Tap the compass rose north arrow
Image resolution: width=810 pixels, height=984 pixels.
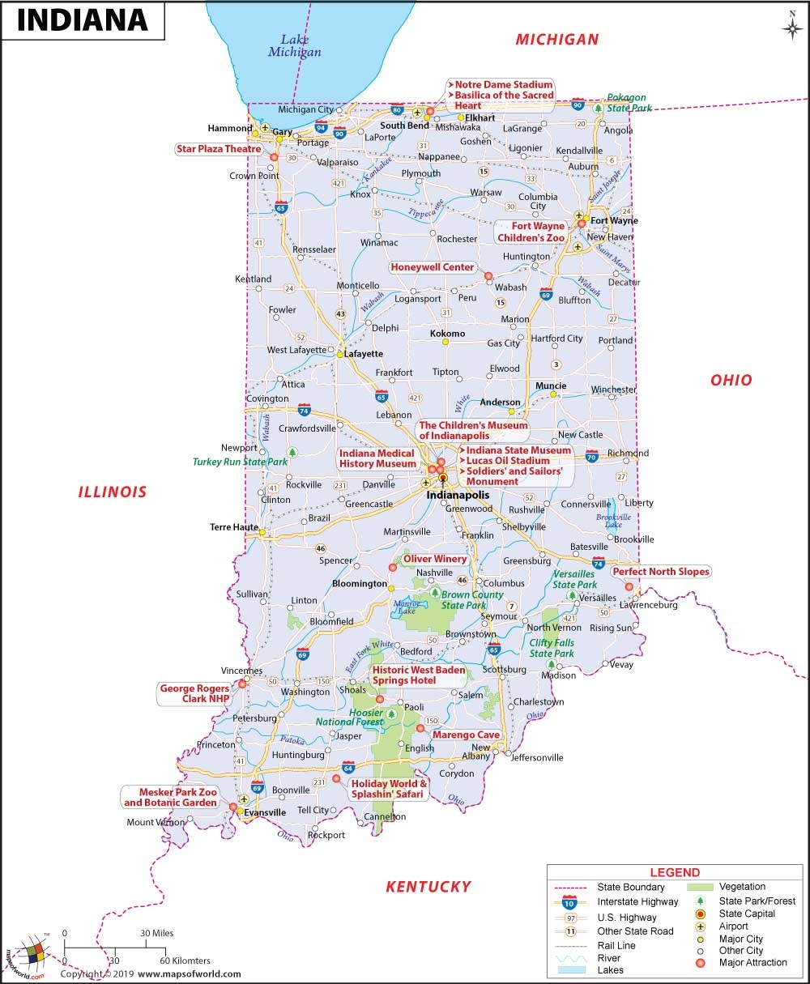(x=791, y=27)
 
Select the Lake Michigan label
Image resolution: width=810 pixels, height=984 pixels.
(x=295, y=45)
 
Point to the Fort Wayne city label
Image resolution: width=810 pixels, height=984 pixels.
(x=613, y=220)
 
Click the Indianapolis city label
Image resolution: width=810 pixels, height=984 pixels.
(x=459, y=494)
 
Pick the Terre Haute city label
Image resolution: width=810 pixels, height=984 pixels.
(x=234, y=526)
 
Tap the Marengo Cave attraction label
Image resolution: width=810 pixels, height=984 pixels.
(x=466, y=735)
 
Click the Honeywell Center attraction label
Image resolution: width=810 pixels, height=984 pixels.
(x=432, y=267)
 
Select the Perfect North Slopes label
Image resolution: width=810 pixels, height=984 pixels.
(x=661, y=571)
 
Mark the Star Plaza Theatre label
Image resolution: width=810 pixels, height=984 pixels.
(x=219, y=149)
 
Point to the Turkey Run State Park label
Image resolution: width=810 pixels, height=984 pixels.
(x=240, y=462)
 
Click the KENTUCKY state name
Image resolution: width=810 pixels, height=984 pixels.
(x=428, y=886)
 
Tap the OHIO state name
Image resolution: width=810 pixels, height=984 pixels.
(x=731, y=380)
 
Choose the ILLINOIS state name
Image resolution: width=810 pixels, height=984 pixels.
(x=113, y=492)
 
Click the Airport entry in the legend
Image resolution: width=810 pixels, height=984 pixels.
(x=733, y=926)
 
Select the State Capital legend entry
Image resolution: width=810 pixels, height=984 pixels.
(x=746, y=914)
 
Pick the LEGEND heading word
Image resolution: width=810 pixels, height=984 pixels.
(x=675, y=872)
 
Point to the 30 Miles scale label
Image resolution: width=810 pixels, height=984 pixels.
(x=156, y=933)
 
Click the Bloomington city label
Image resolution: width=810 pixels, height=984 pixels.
(x=360, y=583)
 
